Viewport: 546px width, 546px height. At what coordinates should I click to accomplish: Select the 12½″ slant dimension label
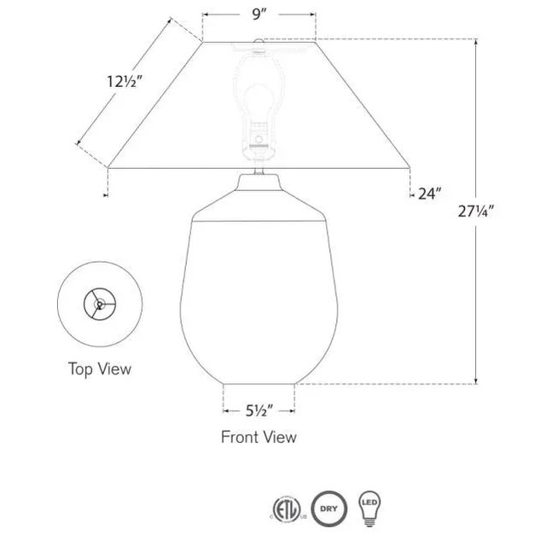pos(125,82)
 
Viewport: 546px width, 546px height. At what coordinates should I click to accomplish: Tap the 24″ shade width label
pos(430,194)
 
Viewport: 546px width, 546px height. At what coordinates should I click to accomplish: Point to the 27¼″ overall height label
pos(476,211)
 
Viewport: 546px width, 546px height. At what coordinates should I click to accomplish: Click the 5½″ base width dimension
pos(259,411)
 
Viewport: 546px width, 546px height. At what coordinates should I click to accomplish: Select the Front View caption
pos(258,437)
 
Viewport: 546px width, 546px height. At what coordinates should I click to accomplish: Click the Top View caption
pos(100,369)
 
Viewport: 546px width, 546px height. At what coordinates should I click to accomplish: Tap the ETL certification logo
pos(287,509)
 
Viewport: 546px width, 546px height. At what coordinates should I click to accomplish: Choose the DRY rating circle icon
pos(329,508)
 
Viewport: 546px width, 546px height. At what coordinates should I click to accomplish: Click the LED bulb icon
pos(369,508)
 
